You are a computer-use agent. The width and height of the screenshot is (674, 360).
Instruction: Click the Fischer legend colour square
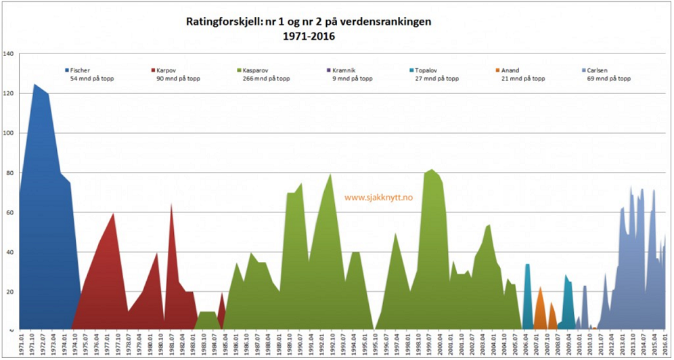66,70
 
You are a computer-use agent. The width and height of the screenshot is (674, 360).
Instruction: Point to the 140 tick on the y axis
8,53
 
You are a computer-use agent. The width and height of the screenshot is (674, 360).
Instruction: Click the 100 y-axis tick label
8,133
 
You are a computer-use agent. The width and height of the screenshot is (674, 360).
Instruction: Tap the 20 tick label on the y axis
9,291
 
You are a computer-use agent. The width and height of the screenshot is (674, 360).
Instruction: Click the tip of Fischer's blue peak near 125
35,85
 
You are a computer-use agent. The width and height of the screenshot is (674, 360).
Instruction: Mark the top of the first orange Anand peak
540,288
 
